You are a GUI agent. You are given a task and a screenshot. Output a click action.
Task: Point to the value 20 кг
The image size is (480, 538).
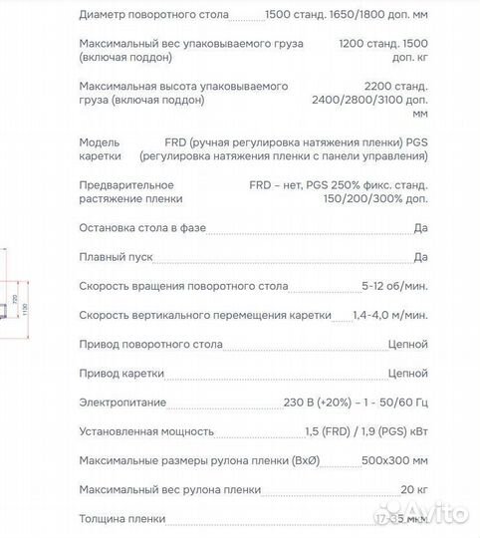click(x=412, y=489)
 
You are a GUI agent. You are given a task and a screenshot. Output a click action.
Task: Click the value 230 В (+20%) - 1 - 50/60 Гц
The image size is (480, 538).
click(x=356, y=403)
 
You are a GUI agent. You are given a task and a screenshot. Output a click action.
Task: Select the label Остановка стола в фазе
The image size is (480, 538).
click(x=142, y=228)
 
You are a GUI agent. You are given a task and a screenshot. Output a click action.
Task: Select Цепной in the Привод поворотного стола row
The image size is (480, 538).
click(x=406, y=345)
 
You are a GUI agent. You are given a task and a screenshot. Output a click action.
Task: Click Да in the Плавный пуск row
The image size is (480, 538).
click(x=420, y=257)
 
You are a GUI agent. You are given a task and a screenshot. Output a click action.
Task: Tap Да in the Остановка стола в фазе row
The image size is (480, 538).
click(x=420, y=228)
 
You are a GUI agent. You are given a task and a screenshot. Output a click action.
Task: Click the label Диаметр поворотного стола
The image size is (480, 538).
click(x=153, y=16)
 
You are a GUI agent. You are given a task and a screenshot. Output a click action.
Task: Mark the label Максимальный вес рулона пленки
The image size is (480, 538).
click(x=169, y=489)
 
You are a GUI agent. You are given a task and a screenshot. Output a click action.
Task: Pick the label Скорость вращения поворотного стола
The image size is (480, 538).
click(x=183, y=286)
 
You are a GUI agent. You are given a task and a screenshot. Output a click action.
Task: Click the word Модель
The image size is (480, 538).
click(x=100, y=142)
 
